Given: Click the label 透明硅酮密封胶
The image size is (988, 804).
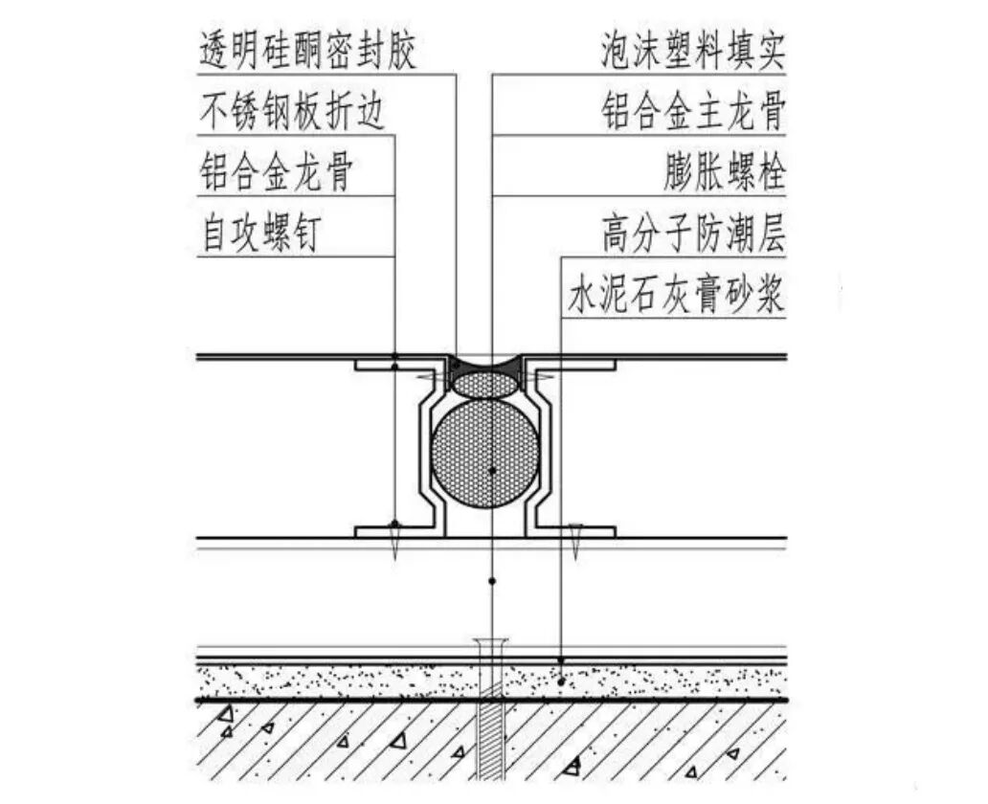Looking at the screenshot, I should (308, 50).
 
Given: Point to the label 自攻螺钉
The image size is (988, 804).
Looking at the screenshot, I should (258, 234).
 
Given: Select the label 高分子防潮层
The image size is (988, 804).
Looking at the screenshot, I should (693, 234).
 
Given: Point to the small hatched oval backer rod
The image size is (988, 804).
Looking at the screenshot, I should (485, 385).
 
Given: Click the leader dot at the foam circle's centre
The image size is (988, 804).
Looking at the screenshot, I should (491, 471).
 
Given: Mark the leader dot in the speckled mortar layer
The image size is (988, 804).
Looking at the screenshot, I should (561, 681).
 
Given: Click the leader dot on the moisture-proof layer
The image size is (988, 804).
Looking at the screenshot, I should (561, 660).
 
